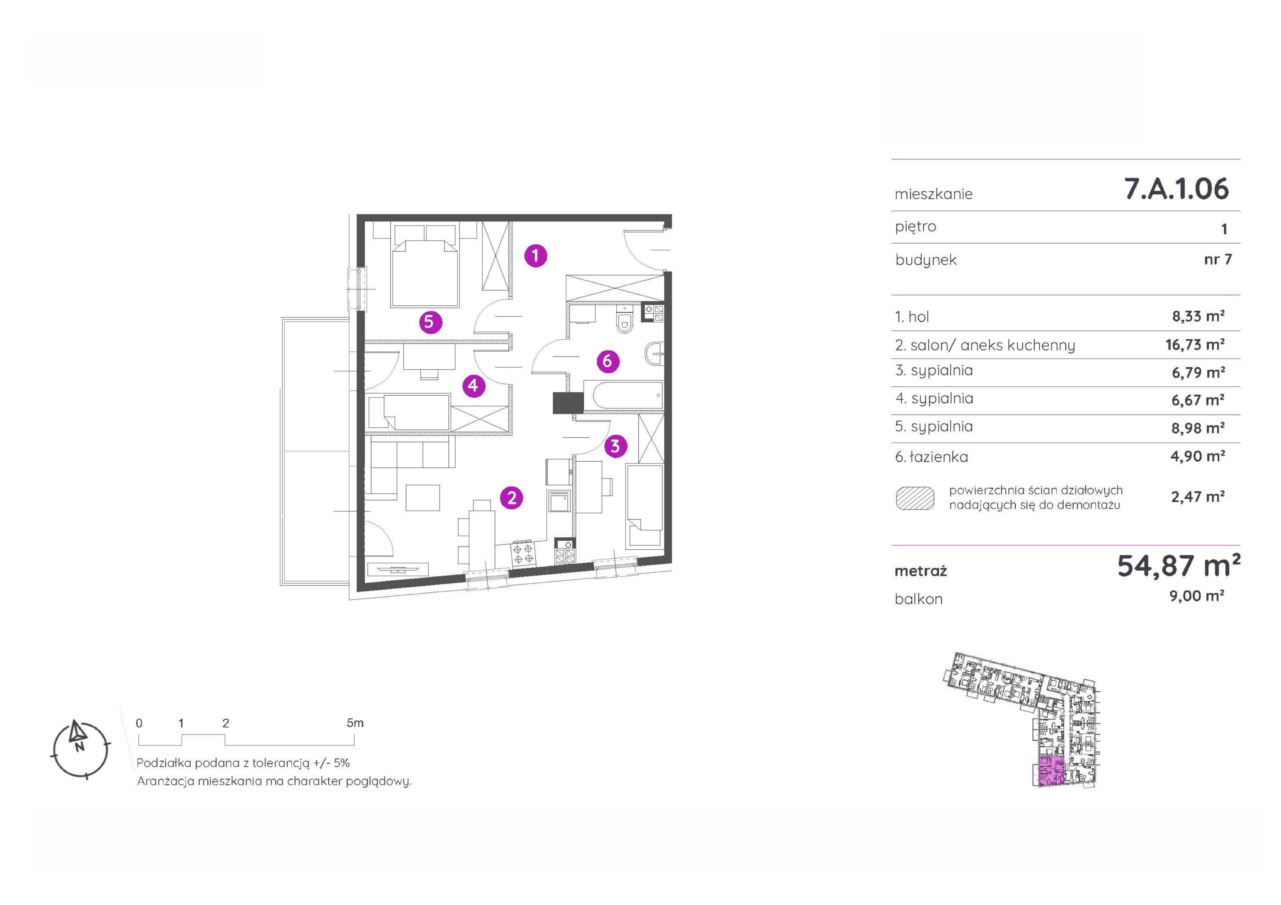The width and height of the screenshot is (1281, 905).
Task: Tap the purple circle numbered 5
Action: pyautogui.click(x=430, y=322)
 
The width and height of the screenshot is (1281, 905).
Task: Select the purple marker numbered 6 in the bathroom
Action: pyautogui.click(x=608, y=361)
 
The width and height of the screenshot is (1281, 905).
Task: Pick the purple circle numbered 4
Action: pyautogui.click(x=473, y=385)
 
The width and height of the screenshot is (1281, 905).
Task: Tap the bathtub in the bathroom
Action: pyautogui.click(x=623, y=396)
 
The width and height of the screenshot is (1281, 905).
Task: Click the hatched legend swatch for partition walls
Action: pyautogui.click(x=915, y=498)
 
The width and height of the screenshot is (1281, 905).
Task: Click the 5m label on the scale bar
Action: pyautogui.click(x=355, y=723)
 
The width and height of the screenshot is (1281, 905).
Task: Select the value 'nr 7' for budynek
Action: pyautogui.click(x=1217, y=259)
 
